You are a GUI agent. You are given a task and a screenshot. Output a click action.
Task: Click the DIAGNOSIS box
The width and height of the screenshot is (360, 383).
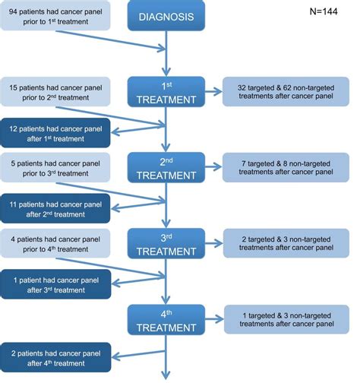click(x=165, y=17)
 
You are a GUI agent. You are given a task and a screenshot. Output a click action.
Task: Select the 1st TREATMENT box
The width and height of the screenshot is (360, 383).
click(x=165, y=91)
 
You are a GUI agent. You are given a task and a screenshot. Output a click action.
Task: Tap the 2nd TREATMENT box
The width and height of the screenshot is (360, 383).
click(x=165, y=166)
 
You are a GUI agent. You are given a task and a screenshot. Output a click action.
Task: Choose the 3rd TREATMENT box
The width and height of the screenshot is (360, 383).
click(x=165, y=242)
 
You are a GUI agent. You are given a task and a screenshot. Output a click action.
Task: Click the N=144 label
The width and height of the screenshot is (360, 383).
click(x=326, y=12)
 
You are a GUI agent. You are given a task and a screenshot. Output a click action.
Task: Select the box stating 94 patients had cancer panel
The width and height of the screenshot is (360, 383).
click(x=55, y=16)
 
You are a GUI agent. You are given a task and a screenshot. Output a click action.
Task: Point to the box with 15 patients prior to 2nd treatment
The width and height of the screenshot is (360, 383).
click(x=55, y=90)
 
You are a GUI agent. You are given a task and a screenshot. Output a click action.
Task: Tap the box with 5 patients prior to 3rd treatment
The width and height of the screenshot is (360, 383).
click(x=55, y=166)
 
